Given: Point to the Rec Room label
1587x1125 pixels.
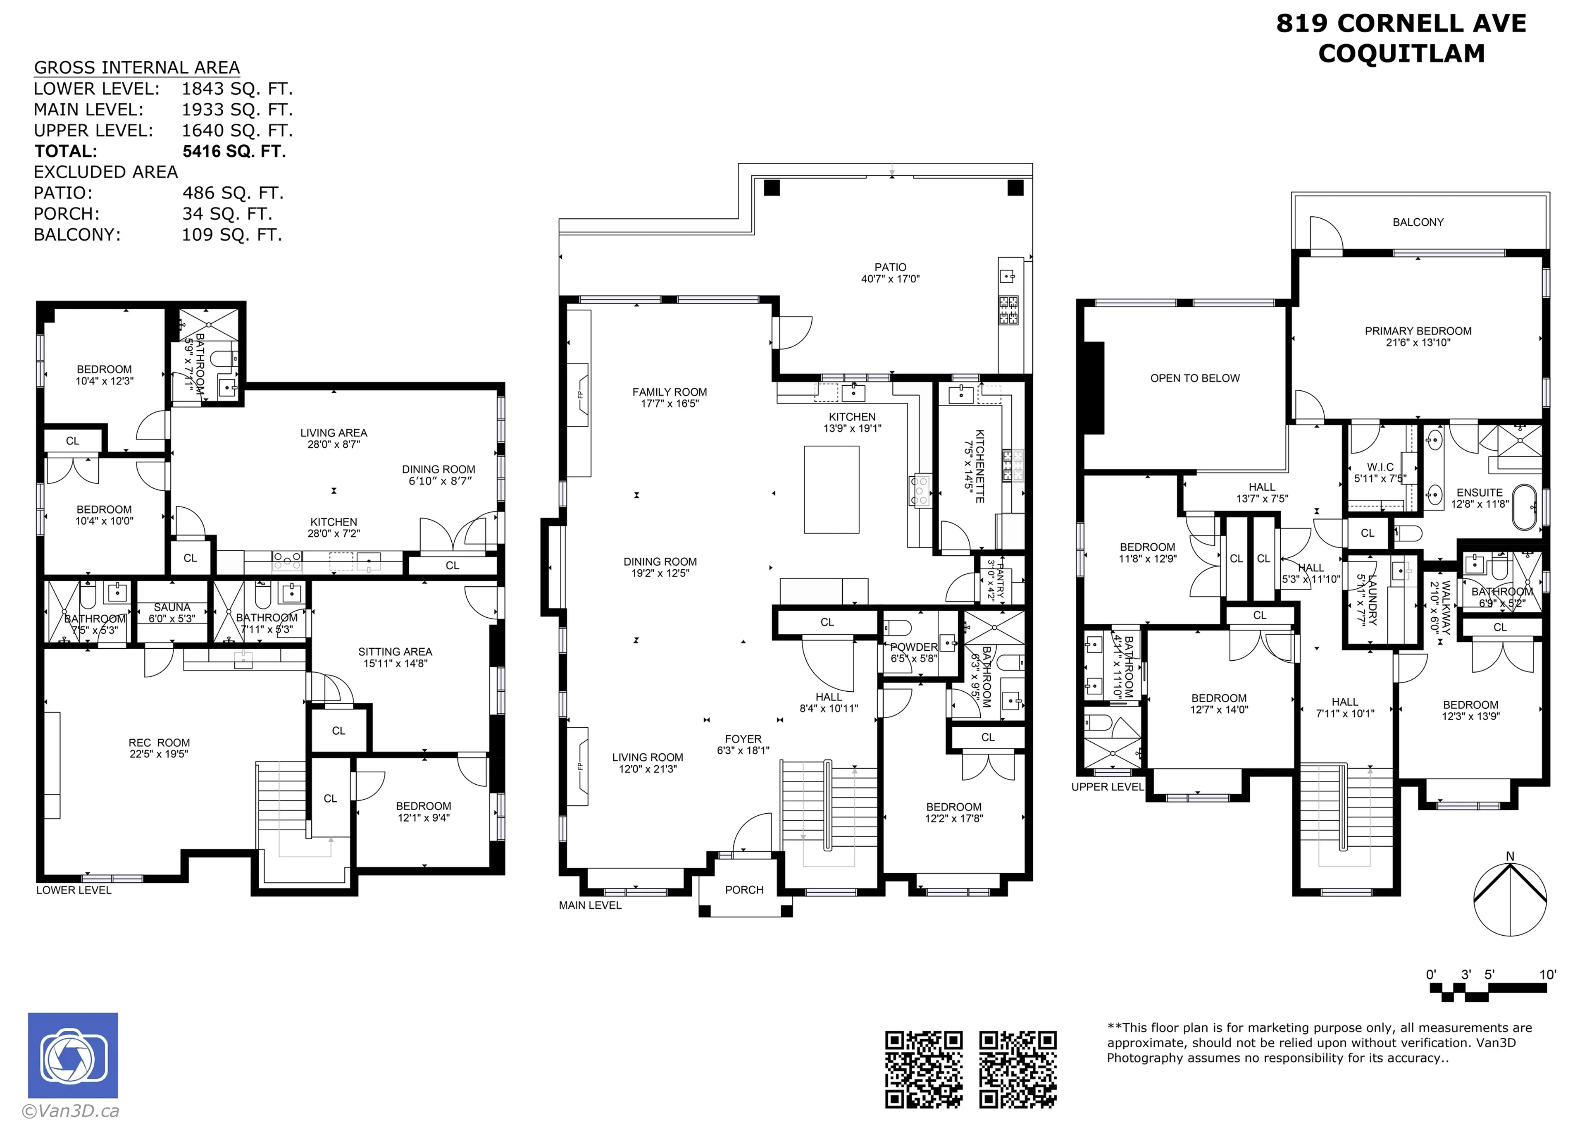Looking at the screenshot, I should [159, 743].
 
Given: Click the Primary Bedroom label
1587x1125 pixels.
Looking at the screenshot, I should [1418, 331].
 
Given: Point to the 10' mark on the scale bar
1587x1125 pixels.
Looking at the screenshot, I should [1548, 975].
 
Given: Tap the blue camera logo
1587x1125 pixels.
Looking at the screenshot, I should [73, 1055].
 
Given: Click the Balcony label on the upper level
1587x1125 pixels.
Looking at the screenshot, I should [1418, 222].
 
